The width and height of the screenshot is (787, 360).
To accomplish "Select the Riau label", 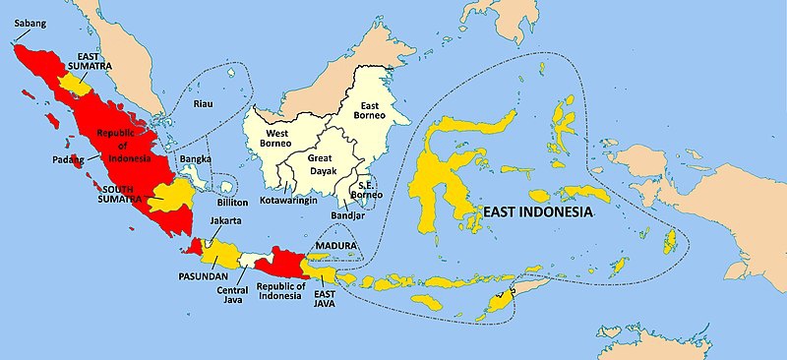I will pos(204,102).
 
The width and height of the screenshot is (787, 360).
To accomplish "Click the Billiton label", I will pos(233,202).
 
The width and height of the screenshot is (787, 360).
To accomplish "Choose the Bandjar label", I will pos(346,215).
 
